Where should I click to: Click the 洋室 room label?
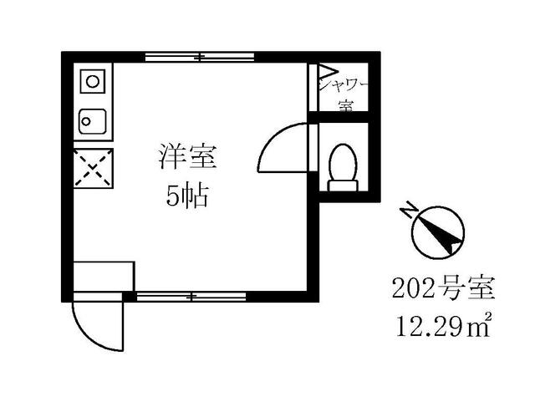pyautogui.click(x=188, y=156)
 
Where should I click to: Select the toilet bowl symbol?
pyautogui.click(x=343, y=163)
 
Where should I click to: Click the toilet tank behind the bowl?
pyautogui.click(x=343, y=186)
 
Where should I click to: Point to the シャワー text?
pyautogui.click(x=343, y=85)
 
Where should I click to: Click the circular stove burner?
pyautogui.click(x=93, y=82)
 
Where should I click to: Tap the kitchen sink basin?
pyautogui.click(x=93, y=121)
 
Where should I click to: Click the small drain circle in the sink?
pyautogui.click(x=86, y=121)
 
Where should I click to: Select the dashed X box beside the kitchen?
pyautogui.click(x=93, y=168)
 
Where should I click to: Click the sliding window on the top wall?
pyautogui.click(x=200, y=57)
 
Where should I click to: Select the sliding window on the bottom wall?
pyautogui.click(x=191, y=297)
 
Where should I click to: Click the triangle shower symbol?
pyautogui.click(x=328, y=71)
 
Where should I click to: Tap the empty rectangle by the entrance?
pyautogui.click(x=104, y=277)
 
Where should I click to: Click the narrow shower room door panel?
pyautogui.click(x=313, y=87)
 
